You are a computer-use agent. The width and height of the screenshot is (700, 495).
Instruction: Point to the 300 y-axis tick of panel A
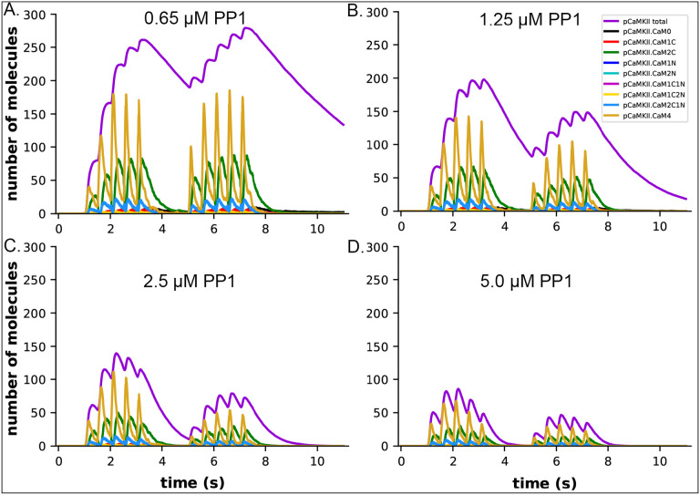pos(36,15)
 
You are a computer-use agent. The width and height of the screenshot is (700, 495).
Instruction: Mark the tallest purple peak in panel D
pos(458,389)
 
